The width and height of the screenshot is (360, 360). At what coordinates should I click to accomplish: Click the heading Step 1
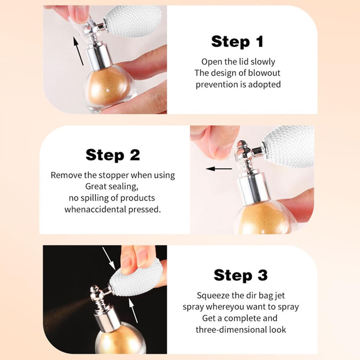click(237, 41)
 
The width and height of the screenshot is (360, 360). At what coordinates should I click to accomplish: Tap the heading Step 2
click(112, 155)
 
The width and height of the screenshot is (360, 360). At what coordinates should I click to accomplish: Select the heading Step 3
click(240, 275)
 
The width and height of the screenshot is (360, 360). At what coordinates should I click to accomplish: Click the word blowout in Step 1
click(264, 73)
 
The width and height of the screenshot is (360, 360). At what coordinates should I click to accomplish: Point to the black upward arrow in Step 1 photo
click(78, 51)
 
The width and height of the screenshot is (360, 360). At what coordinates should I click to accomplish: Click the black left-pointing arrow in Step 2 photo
click(219, 169)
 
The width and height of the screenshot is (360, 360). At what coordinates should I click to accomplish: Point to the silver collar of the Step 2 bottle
click(253, 189)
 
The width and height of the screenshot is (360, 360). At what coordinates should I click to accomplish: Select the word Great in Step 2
click(95, 186)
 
